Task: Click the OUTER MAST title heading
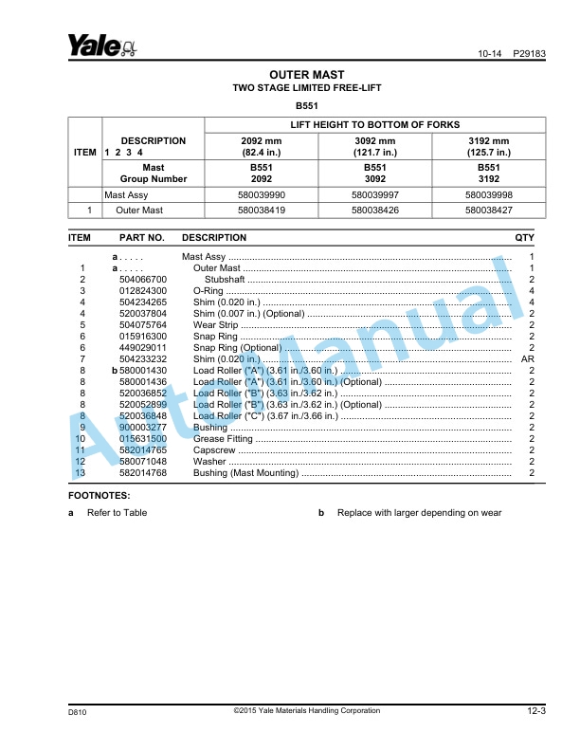(x=306, y=74)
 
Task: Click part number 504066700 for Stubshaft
(x=143, y=280)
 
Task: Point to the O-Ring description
(x=208, y=291)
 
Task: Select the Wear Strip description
(x=217, y=324)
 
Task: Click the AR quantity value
(x=529, y=359)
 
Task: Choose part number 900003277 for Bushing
(x=143, y=428)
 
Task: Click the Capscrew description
(x=214, y=450)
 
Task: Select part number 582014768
(x=143, y=472)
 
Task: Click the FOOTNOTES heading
(x=100, y=495)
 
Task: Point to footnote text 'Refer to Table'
(x=117, y=513)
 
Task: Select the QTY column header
(x=524, y=237)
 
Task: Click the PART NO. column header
(x=142, y=237)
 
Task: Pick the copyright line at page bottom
(x=306, y=710)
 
